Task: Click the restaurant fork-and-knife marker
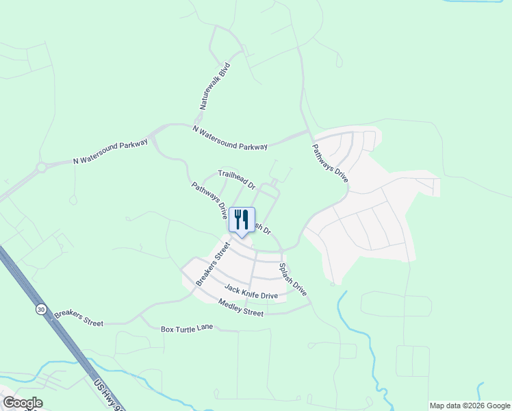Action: tap(241, 221)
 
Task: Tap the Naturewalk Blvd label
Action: tap(215, 88)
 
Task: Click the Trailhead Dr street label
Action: tap(236, 179)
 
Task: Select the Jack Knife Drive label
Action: tap(251, 292)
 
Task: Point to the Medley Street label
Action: tap(241, 308)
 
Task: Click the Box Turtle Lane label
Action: tap(187, 329)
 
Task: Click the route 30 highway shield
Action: tap(41, 310)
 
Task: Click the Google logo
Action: tap(22, 403)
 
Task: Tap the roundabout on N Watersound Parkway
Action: tap(42, 166)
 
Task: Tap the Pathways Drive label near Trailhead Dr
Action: tap(209, 200)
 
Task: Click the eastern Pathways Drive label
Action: tap(330, 162)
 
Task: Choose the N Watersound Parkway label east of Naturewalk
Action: tap(230, 138)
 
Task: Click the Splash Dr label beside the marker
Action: tap(263, 229)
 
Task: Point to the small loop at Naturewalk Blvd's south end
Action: tap(199, 119)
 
